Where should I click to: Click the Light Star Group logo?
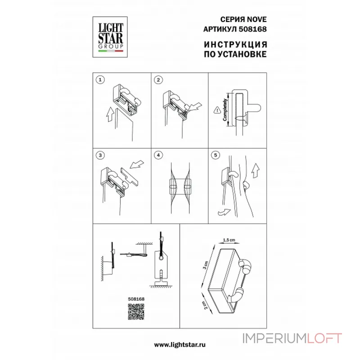pos(110,37)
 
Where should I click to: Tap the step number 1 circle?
pos(100,80)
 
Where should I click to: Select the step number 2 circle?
pos(158,80)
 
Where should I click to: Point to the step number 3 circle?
pos(100,155)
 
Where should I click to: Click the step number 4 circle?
pos(158,155)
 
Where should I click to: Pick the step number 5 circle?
pos(216,155)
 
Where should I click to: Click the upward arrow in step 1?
pos(110,114)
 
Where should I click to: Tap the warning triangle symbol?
pos(217,110)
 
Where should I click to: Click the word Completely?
pos(225,110)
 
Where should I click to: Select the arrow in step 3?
pos(137,164)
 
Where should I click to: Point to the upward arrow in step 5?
pos(256,171)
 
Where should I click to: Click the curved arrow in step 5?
pos(224,212)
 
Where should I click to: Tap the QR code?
pos(136,311)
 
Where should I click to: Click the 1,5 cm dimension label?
pos(229,240)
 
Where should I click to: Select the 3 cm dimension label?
pos(206,265)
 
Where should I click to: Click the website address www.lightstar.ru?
pos(180,345)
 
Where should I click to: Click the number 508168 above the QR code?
pos(136,299)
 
